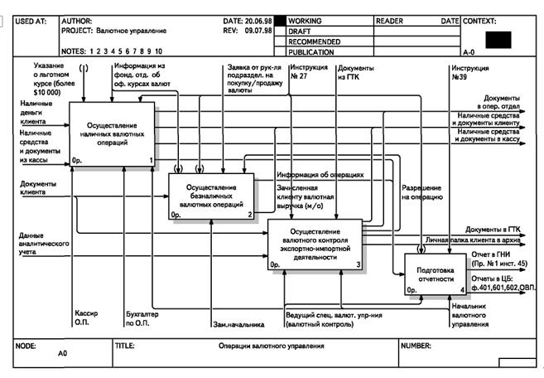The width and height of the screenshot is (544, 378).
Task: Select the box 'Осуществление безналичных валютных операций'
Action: [x=212, y=197]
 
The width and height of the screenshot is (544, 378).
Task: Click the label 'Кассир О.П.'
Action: [x=87, y=319]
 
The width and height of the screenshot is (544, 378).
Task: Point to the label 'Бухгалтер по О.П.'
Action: [x=140, y=319]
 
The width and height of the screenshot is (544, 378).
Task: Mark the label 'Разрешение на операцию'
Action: [x=421, y=192]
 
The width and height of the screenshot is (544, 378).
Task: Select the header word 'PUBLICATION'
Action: [x=311, y=51]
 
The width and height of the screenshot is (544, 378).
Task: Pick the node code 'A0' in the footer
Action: [x=62, y=353]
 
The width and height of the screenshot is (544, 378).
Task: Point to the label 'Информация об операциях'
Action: [x=320, y=175]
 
